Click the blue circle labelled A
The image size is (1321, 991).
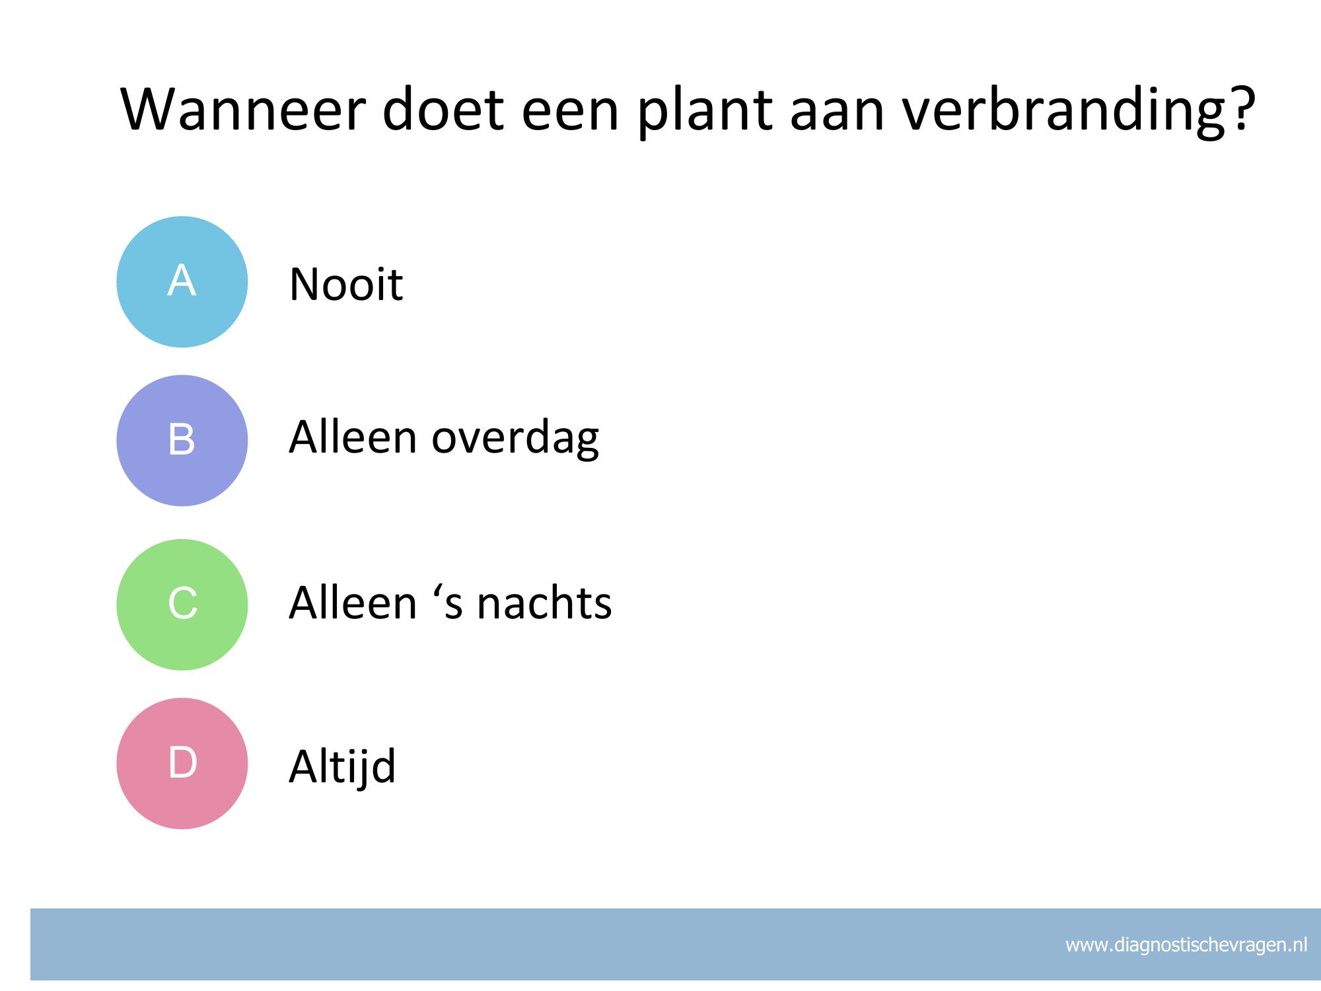[182, 281]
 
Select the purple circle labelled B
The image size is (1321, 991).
[182, 441]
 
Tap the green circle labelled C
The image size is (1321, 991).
[182, 605]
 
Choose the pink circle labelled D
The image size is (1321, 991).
[182, 763]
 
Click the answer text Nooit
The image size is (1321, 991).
[346, 285]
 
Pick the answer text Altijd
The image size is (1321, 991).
[342, 766]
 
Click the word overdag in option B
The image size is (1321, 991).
[515, 438]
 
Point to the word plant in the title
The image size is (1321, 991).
[704, 112]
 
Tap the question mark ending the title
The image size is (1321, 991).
[1241, 108]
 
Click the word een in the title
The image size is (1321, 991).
[571, 114]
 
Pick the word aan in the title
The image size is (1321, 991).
[837, 114]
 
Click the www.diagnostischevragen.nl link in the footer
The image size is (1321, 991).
[1186, 945]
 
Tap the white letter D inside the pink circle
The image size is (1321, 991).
[183, 762]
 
